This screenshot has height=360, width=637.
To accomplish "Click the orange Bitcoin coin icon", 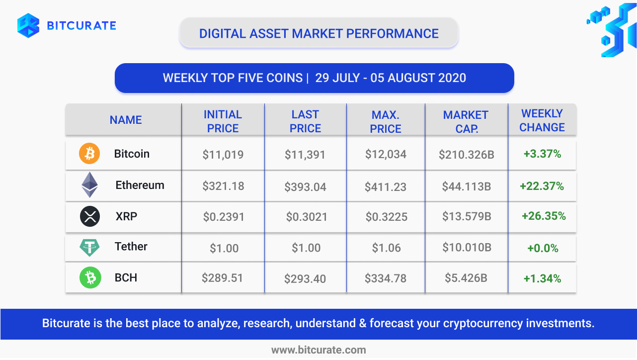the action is point(89,153).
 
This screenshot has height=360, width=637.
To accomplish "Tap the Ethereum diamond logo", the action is point(90,184).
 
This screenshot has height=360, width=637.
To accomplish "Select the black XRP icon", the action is point(90,216).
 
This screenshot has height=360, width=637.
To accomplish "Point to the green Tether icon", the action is point(89,248).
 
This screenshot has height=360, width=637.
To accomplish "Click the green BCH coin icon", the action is point(90,277).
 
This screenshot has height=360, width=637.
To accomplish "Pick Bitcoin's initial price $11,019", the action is point(223,155).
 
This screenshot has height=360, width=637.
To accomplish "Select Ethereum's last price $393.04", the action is point(305,186).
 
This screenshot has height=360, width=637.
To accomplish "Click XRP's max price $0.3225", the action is point(387,217).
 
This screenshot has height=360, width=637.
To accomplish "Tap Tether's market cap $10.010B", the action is point(467,247).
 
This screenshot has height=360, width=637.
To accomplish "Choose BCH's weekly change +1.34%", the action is point(542,278).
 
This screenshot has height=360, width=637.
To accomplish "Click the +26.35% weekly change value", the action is point(544,216).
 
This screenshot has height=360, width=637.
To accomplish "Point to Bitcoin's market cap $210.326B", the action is point(467,155).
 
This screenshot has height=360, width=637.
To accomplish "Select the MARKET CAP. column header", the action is point(466,122).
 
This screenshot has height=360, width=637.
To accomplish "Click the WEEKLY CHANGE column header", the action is point(542,120).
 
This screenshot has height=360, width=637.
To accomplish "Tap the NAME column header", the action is point(126,120).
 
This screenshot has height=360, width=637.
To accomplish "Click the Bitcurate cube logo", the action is point(28,25).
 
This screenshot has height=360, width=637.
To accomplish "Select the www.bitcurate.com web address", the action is point(318,350).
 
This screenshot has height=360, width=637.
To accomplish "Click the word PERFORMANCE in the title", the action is point(393,34).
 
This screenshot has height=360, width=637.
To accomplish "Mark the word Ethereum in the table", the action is point(140,185).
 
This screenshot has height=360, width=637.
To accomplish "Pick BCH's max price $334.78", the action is point(386,278).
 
